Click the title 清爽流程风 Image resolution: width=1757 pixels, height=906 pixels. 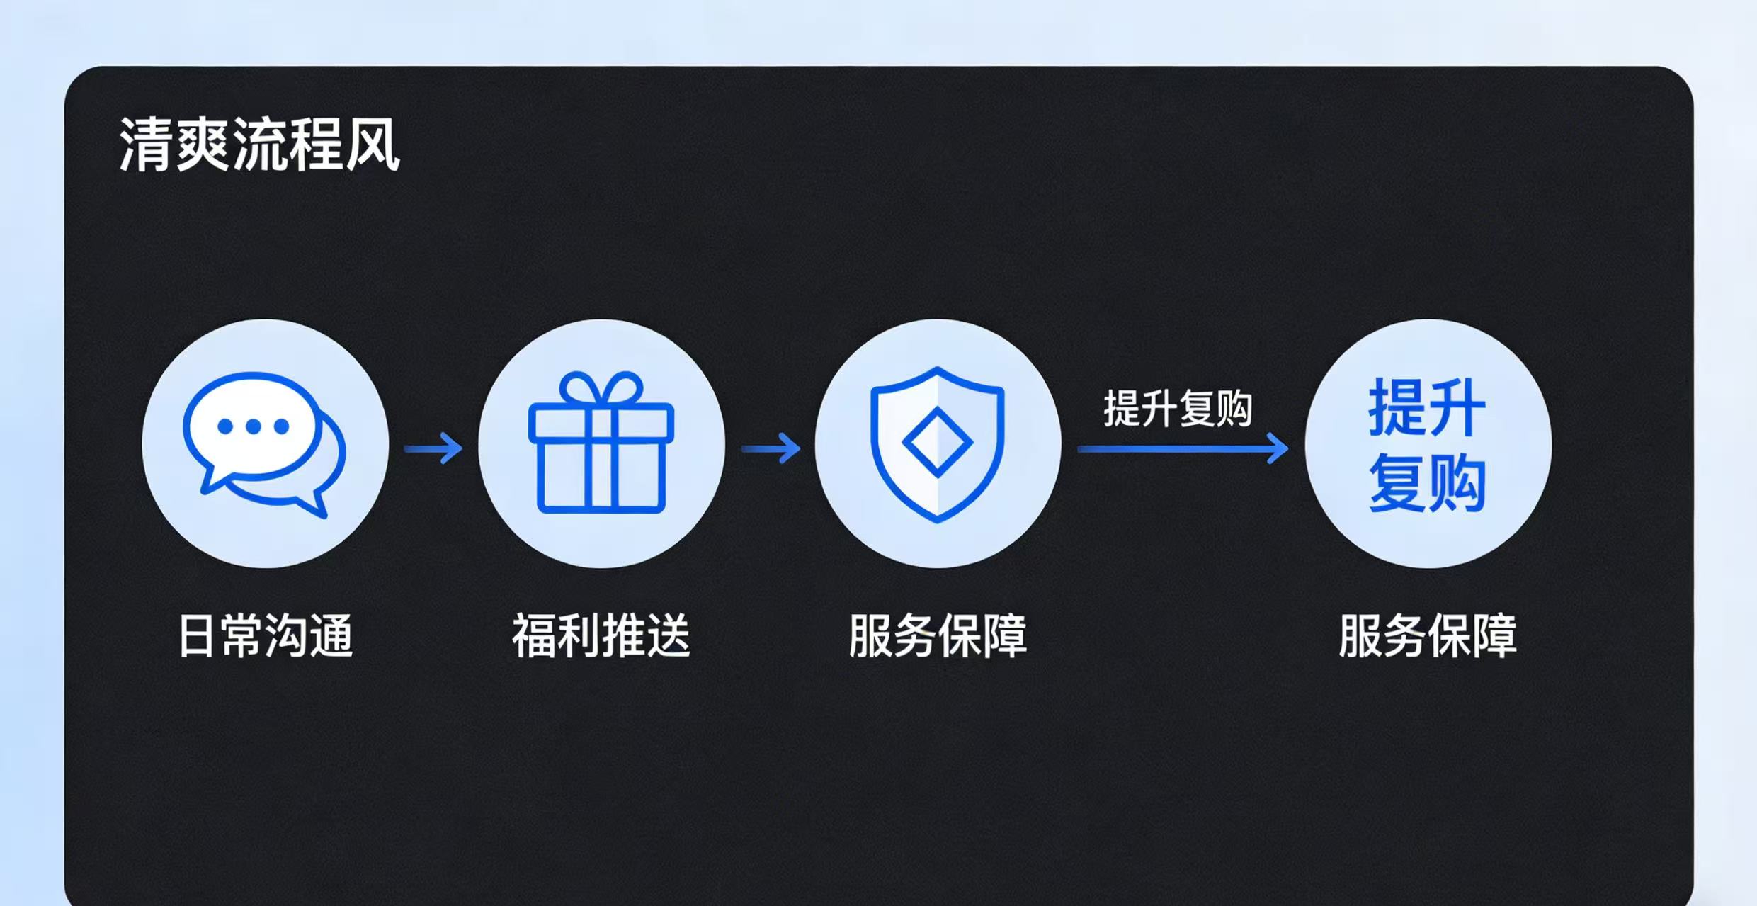pyautogui.click(x=259, y=144)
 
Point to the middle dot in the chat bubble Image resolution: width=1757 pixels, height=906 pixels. pyautogui.click(x=254, y=426)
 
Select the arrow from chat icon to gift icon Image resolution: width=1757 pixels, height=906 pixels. pyautogui.click(x=433, y=448)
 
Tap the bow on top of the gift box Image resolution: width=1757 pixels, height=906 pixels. pyautogui.click(x=601, y=388)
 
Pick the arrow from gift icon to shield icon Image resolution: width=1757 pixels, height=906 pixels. pyautogui.click(x=771, y=448)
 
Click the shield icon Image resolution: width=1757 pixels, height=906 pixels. pyautogui.click(x=937, y=444)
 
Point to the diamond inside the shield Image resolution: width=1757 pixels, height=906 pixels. pyautogui.click(x=937, y=442)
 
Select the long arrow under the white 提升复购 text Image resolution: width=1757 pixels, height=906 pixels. pyautogui.click(x=1183, y=448)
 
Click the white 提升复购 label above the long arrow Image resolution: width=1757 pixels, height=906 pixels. pyautogui.click(x=1178, y=409)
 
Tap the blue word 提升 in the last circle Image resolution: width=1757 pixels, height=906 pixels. pyautogui.click(x=1427, y=407)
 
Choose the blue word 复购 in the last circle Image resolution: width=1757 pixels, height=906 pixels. pyautogui.click(x=1427, y=483)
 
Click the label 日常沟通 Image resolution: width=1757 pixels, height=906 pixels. pyautogui.click(x=265, y=635)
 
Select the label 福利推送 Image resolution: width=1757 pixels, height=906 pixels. pyautogui.click(x=601, y=635)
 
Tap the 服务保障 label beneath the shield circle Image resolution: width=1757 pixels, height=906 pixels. pyautogui.click(x=938, y=635)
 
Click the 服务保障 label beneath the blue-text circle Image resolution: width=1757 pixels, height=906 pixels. pyautogui.click(x=1428, y=635)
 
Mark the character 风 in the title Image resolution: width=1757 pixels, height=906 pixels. pyautogui.click(x=373, y=145)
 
